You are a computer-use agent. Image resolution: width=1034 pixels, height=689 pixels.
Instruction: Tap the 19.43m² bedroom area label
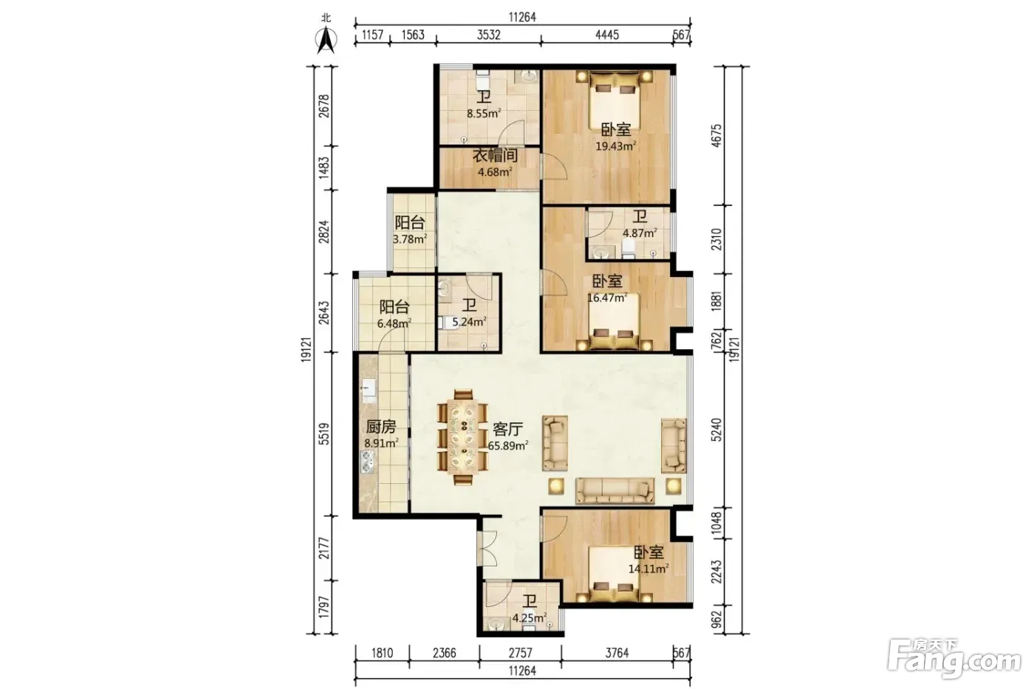point(616,146)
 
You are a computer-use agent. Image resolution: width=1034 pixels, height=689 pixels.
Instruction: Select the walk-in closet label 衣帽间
point(495,156)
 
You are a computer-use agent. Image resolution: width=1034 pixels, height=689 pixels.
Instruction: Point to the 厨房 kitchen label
point(381,426)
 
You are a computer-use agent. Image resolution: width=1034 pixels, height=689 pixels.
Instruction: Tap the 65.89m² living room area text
point(508,446)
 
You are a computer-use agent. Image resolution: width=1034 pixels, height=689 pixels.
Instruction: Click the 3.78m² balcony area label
point(409,239)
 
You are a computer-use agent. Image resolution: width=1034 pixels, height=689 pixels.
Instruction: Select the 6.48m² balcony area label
point(394,323)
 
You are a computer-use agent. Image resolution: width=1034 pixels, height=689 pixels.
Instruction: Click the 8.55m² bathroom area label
point(484,113)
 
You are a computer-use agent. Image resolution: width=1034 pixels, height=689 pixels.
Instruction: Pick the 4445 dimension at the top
point(607,35)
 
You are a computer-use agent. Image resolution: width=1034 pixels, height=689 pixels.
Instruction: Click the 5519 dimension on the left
point(324,433)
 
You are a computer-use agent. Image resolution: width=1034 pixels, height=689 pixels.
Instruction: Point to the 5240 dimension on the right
point(716,430)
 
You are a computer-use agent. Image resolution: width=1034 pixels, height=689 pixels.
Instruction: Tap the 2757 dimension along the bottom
point(520,653)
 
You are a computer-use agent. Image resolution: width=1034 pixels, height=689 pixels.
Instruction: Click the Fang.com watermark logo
point(954,658)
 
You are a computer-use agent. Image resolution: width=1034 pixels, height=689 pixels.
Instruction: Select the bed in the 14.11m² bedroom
point(614,575)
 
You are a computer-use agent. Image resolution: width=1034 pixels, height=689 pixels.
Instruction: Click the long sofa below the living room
point(614,490)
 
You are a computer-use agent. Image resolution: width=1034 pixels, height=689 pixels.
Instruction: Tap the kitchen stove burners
point(368,462)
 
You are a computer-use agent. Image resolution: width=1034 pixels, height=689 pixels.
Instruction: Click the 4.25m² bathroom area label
point(530,617)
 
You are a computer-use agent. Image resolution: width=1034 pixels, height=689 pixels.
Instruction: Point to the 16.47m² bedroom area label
point(607,298)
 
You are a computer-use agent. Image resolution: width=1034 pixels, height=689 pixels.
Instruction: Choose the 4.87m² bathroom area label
point(640,233)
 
